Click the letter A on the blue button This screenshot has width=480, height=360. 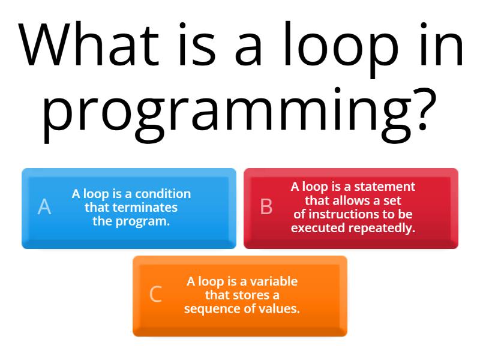click(x=44, y=207)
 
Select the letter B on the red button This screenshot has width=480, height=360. click(x=266, y=207)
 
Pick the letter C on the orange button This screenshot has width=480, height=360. click(x=155, y=295)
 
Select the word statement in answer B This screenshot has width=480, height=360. click(x=388, y=187)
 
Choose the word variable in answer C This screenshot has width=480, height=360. click(x=274, y=281)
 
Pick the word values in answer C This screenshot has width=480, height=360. click(x=281, y=309)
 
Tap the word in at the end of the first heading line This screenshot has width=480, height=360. click(x=446, y=46)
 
